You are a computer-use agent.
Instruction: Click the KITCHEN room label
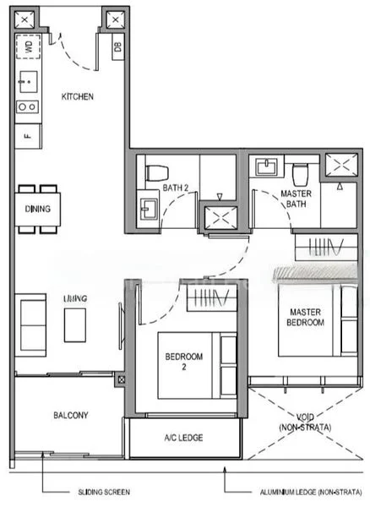78,96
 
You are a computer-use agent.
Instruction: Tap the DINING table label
38,209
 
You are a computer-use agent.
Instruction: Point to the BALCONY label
71,415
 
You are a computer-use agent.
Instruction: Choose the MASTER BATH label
296,199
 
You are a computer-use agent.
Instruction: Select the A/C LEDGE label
183,438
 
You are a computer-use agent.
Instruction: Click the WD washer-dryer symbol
28,48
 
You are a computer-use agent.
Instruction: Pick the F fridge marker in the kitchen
27,134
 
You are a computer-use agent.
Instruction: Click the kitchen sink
26,83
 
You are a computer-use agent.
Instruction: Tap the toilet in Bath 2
153,173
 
